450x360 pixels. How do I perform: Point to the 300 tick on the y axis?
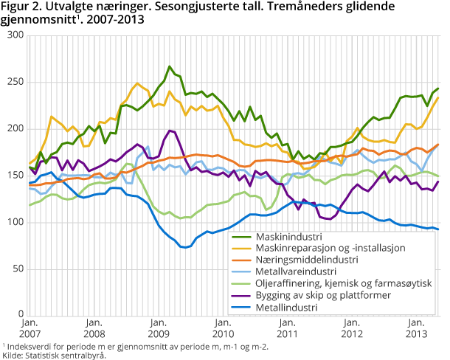tap(15, 35)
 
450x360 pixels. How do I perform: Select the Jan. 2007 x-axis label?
tap(30, 328)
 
